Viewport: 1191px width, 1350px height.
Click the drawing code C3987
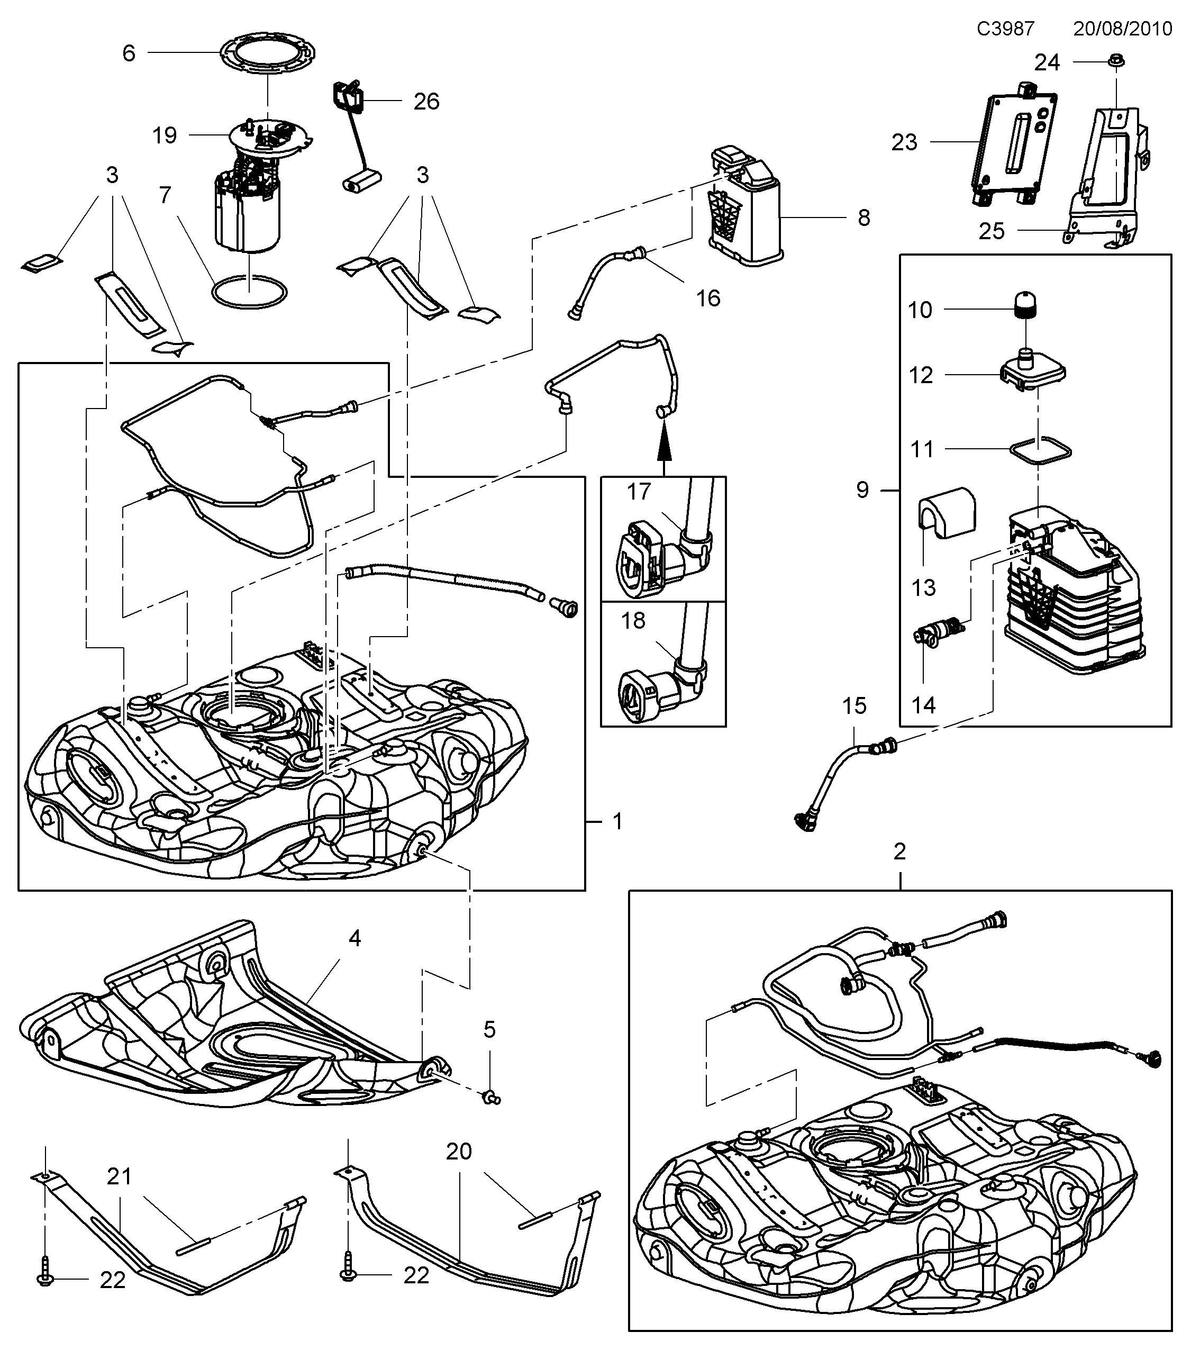point(1005,29)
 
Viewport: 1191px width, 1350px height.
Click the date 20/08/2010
point(1122,29)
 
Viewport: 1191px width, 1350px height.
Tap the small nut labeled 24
point(1116,61)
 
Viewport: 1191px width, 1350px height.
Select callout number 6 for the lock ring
point(129,53)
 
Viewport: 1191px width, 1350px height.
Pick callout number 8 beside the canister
point(863,218)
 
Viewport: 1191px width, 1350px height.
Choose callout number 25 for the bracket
point(991,231)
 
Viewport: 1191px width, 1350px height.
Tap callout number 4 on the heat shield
point(354,938)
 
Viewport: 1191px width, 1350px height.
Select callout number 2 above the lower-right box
point(899,851)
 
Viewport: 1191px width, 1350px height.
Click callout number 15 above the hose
point(853,705)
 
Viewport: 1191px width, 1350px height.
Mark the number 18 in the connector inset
point(633,620)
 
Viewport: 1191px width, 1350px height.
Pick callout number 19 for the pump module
point(165,135)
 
